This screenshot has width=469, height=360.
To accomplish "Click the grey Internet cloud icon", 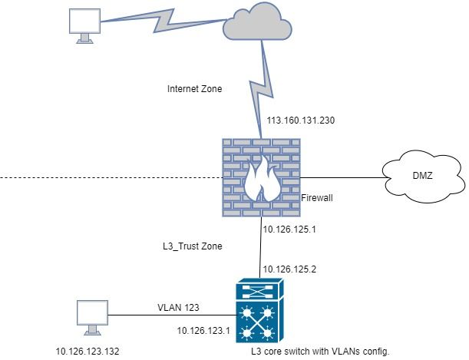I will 259,30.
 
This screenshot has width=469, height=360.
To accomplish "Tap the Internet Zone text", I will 195,89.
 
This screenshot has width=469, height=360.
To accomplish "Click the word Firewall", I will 315,197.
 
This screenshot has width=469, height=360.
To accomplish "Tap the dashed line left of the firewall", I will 107,178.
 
